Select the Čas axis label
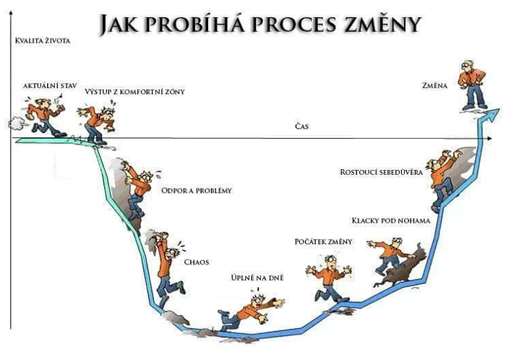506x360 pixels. click(x=301, y=127)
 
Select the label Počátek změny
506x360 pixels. click(x=324, y=241)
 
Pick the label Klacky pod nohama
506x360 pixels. click(x=390, y=220)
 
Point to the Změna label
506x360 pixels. click(x=434, y=85)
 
